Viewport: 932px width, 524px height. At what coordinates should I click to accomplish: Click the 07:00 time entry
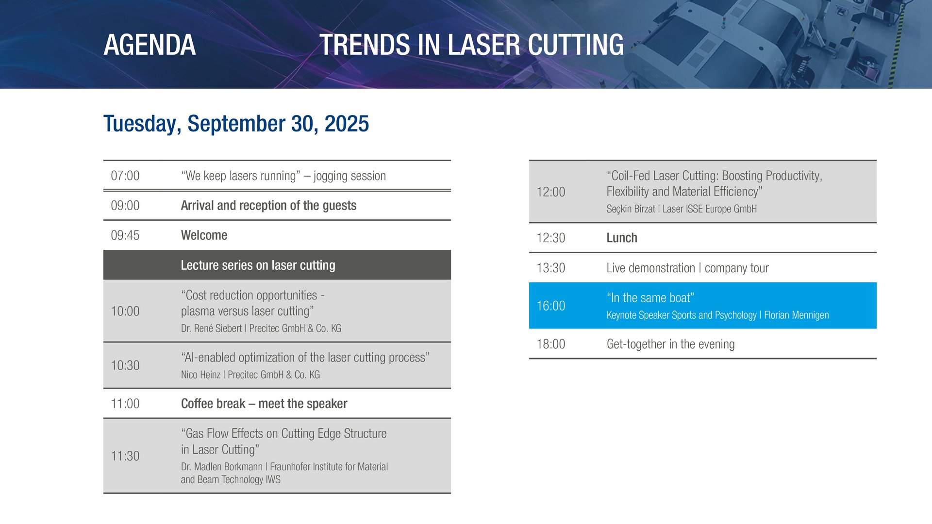tap(125, 176)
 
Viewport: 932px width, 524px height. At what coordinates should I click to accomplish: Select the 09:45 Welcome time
tap(125, 235)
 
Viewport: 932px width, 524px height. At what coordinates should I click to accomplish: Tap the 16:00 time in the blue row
tap(551, 306)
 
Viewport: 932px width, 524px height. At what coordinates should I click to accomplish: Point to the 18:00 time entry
tap(551, 344)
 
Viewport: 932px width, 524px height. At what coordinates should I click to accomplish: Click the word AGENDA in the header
tap(150, 45)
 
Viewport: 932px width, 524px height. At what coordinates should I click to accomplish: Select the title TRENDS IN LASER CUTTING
tap(471, 45)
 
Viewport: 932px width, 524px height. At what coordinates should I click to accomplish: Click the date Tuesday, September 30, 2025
tap(236, 124)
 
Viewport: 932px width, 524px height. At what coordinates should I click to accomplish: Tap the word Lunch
tap(622, 238)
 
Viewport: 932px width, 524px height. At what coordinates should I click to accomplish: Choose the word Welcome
tap(204, 235)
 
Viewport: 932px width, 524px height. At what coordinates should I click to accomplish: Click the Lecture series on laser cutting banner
tap(277, 265)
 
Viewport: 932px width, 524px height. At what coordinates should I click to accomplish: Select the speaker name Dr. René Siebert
tap(211, 328)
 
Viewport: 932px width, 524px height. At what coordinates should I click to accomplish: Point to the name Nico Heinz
tap(200, 375)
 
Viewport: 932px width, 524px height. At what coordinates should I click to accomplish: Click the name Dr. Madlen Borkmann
tap(221, 467)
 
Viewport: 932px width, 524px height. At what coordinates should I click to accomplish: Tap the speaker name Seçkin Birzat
tap(631, 209)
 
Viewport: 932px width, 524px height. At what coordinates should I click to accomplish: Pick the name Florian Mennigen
tap(797, 315)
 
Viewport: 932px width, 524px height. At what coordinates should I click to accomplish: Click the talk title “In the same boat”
tap(650, 298)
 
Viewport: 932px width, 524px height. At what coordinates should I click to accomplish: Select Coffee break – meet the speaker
tap(264, 404)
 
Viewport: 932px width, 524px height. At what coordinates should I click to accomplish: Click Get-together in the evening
tap(670, 344)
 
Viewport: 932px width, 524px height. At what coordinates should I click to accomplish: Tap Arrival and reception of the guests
tap(268, 206)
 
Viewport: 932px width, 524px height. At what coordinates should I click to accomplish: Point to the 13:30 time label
tap(551, 268)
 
